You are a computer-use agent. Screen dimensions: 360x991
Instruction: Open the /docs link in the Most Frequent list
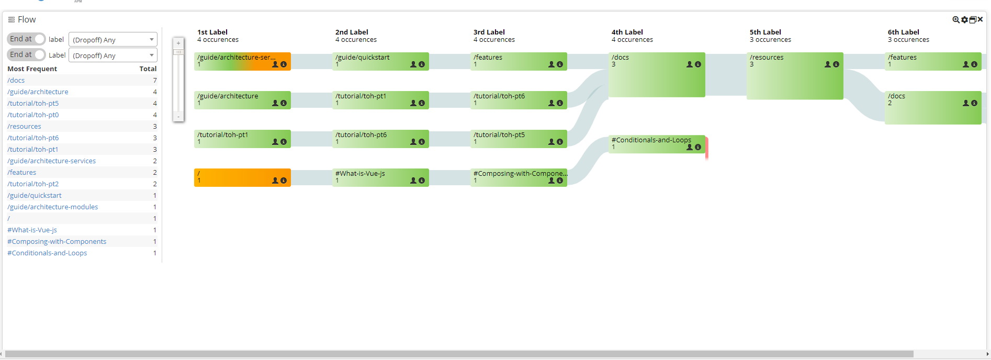(16, 81)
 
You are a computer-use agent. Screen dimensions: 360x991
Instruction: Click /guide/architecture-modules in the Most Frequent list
(53, 207)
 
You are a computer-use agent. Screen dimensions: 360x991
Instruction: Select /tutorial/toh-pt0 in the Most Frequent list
(33, 115)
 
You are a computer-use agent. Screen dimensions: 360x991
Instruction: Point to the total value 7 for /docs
(155, 81)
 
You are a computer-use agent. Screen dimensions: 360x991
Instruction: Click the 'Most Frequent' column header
(32, 69)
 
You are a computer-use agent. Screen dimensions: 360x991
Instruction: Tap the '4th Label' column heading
(627, 32)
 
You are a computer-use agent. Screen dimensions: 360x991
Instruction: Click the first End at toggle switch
(39, 39)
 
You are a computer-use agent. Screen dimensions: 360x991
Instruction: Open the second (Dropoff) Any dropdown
(112, 55)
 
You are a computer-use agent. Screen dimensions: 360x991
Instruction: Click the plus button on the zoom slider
(178, 43)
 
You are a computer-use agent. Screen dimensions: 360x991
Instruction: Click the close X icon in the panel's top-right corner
(980, 19)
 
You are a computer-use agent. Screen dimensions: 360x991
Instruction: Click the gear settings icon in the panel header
(964, 20)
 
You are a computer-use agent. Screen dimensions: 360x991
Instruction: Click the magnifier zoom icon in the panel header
(956, 20)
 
